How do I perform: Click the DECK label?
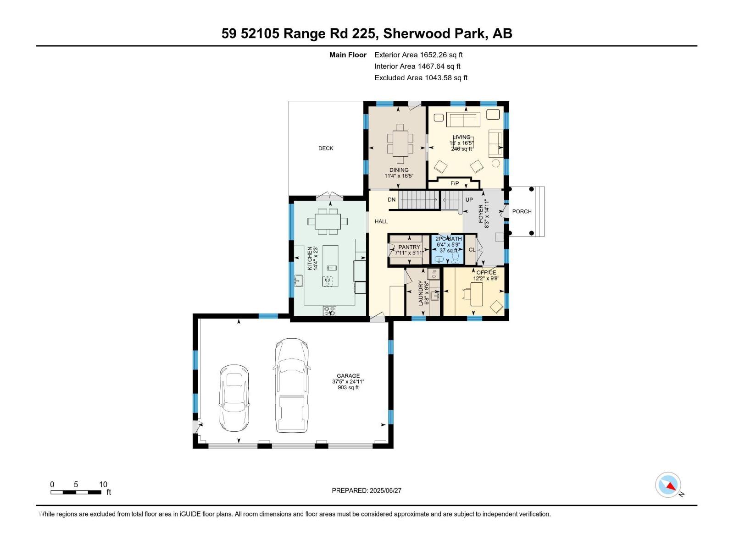click(x=326, y=148)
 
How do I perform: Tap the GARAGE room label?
click(x=348, y=376)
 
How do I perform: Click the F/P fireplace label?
click(x=455, y=183)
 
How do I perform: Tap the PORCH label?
click(x=522, y=211)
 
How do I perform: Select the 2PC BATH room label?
click(x=448, y=239)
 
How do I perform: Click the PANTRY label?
click(x=409, y=247)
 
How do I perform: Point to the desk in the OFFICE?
click(x=477, y=294)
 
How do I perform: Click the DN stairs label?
click(x=391, y=200)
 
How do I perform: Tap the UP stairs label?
click(x=469, y=200)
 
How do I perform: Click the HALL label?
click(x=381, y=221)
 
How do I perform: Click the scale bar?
click(x=76, y=492)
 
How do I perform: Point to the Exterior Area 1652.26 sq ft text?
click(x=418, y=55)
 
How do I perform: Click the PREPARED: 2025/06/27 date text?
click(x=367, y=490)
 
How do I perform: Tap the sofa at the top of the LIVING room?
click(x=463, y=120)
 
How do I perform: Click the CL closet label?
click(x=472, y=250)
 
